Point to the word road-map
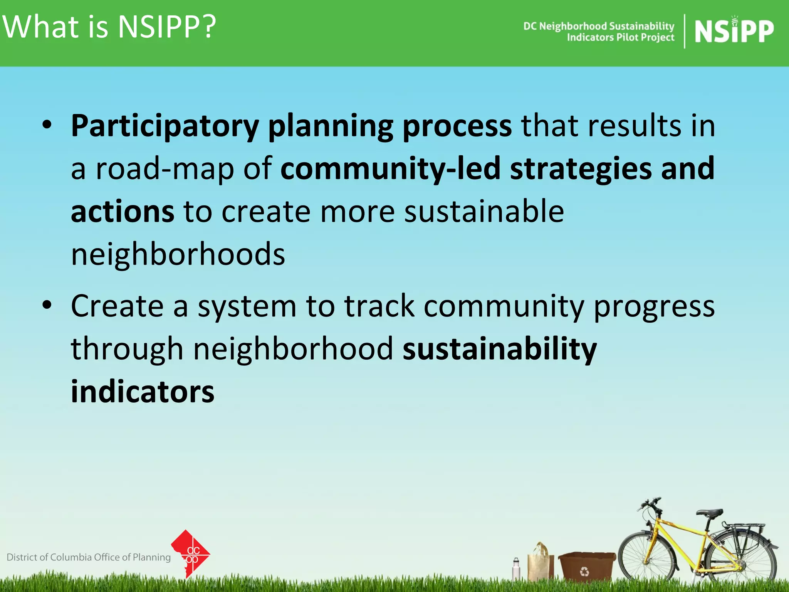click(165, 169)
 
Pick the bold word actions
click(123, 212)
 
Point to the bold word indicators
click(143, 392)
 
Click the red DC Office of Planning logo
click(190, 553)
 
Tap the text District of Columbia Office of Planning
click(89, 557)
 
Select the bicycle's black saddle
click(710, 513)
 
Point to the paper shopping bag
click(541, 563)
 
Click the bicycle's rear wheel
click(742, 557)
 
